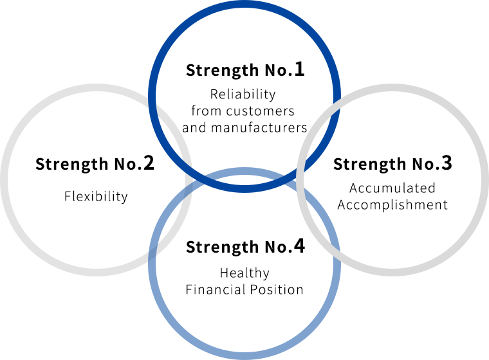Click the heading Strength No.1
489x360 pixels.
tap(244, 69)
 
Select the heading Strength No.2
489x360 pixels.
tap(95, 164)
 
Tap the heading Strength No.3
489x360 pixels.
tap(392, 164)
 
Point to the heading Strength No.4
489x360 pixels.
tap(244, 247)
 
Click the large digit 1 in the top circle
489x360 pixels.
tap(299, 69)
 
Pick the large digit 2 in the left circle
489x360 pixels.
tap(148, 163)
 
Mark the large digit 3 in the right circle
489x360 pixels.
tap(447, 163)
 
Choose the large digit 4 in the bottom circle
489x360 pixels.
tap(299, 246)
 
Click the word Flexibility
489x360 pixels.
tap(96, 196)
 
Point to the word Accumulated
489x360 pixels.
tap(392, 188)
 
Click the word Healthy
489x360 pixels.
tap(244, 273)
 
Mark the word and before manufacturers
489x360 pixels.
tap(194, 127)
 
